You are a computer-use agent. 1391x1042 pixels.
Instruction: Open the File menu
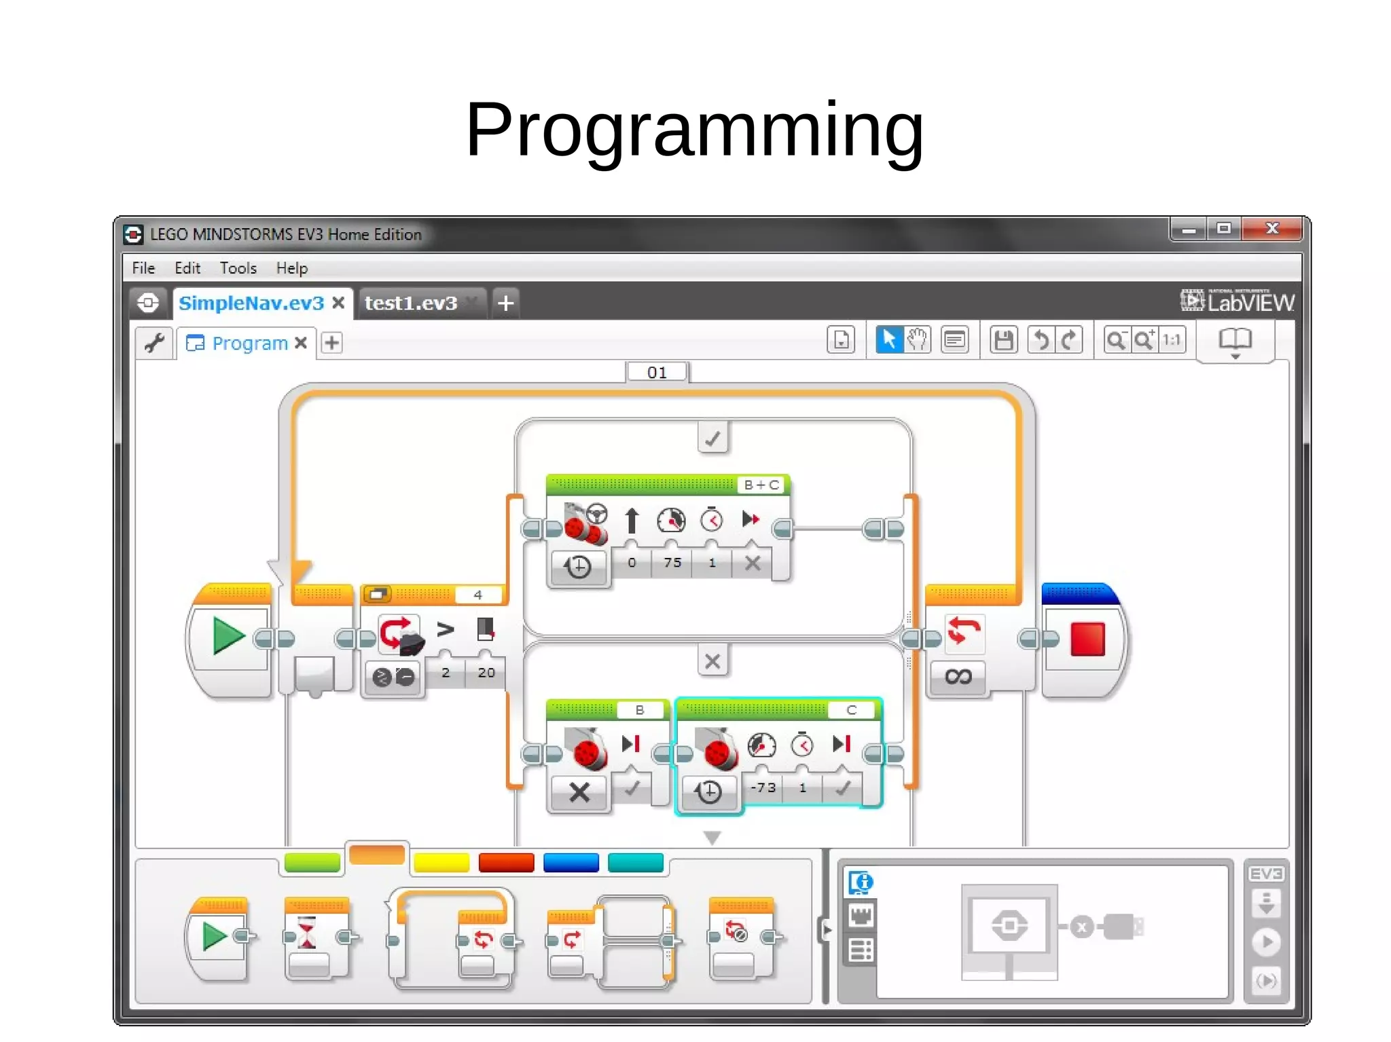[x=143, y=268]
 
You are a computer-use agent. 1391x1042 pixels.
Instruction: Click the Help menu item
[x=291, y=268]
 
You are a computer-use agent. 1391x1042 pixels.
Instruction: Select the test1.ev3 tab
[x=411, y=303]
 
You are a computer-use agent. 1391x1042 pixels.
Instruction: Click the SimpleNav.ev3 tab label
[x=251, y=303]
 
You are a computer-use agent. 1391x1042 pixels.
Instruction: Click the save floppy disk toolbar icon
[x=1003, y=340]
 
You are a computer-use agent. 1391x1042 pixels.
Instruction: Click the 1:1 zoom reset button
[x=1172, y=340]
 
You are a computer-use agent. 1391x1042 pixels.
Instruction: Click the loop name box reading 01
[x=657, y=373]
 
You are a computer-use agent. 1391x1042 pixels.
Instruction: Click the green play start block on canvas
[x=228, y=636]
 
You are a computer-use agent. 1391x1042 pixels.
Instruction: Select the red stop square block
[x=1087, y=639]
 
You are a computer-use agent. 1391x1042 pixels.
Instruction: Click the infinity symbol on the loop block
[x=958, y=676]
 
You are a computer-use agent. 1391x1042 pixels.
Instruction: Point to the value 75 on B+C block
[x=672, y=563]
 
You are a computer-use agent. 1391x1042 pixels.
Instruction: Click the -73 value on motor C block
[x=763, y=787]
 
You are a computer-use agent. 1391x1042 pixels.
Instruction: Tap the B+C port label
[x=761, y=485]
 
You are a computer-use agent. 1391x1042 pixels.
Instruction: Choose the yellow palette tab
[x=441, y=862]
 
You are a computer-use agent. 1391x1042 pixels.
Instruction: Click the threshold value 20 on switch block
[x=486, y=673]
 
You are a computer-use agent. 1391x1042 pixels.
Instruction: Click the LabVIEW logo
[x=1237, y=301]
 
